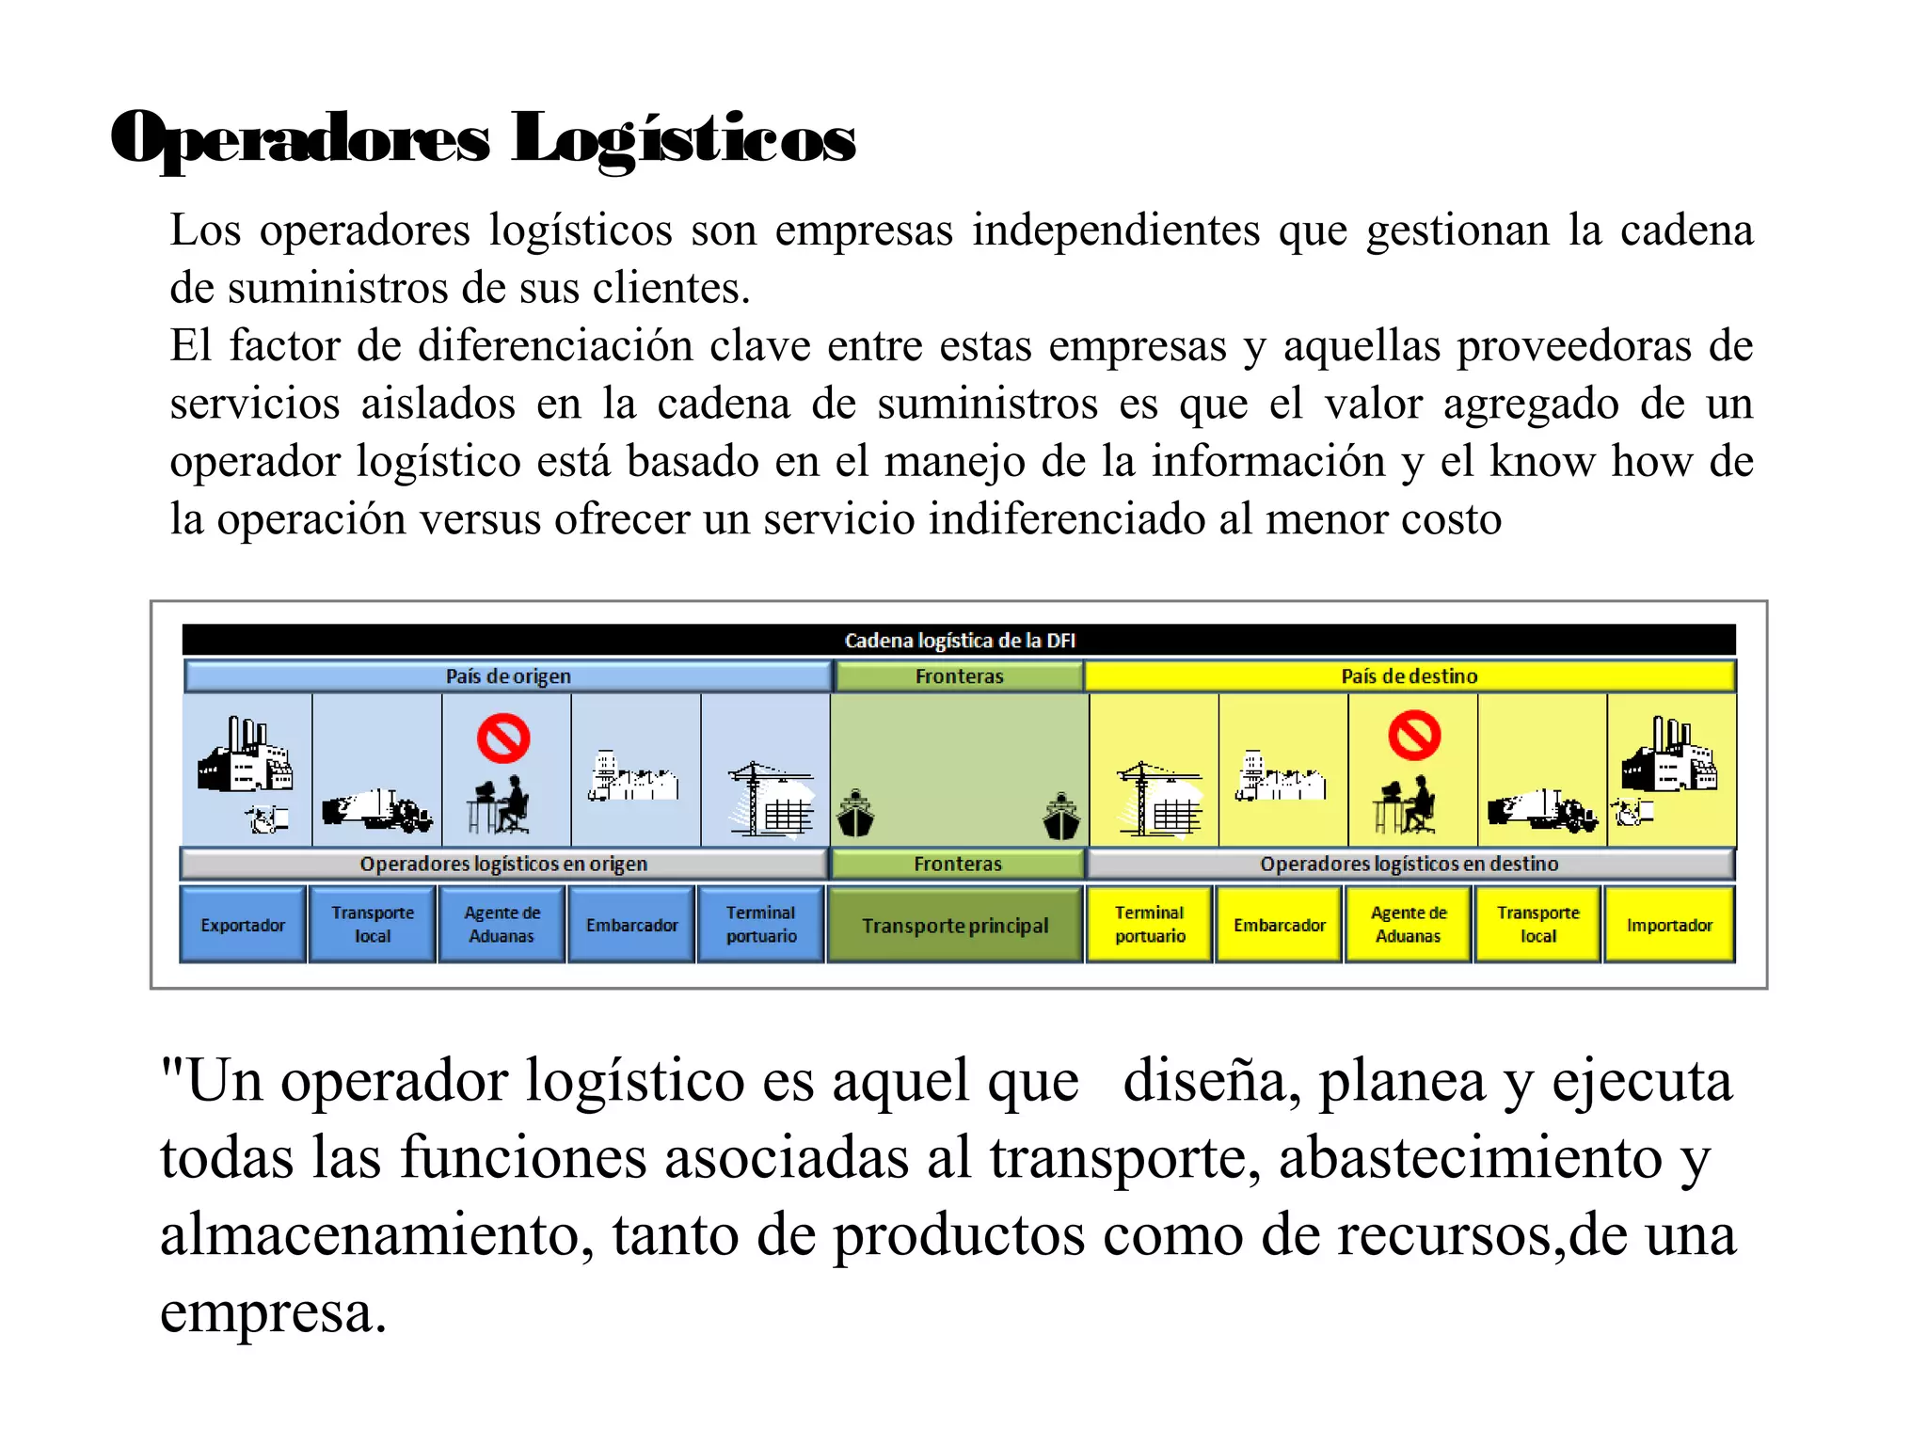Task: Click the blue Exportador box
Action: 243,925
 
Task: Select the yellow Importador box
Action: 1669,925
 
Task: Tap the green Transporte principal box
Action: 955,925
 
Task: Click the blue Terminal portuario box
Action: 761,925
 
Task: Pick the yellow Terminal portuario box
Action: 1150,925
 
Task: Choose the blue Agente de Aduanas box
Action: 502,925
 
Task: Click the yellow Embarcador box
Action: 1280,925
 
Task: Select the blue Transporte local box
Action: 373,925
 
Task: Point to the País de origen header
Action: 508,676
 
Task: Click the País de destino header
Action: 1409,676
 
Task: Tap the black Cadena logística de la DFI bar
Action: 959,641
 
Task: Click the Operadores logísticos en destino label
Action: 1409,864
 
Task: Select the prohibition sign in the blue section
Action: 503,738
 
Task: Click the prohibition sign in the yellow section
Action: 1414,735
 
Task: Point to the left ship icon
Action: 855,815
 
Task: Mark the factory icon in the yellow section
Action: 1668,757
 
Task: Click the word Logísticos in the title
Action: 684,139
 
